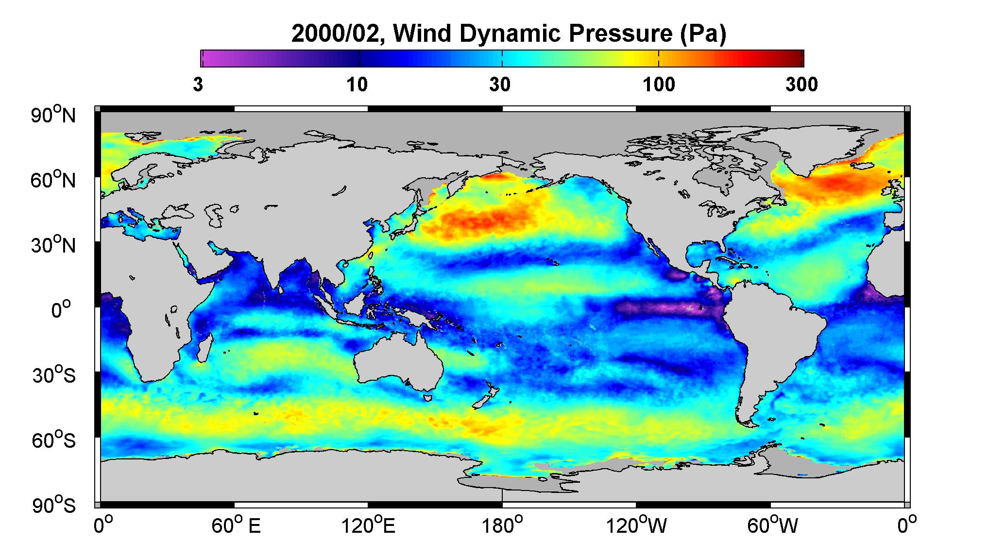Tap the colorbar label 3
pos(198,85)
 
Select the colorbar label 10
pos(357,85)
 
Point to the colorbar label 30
pos(500,85)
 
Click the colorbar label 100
pos(659,85)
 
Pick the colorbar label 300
pos(801,85)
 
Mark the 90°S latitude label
pos(54,505)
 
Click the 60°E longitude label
pos(236,525)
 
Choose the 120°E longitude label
pos(368,525)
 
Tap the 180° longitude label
pos(501,525)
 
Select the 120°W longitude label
pos(636,525)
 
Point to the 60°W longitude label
pos(771,525)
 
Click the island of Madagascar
pos(204,348)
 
